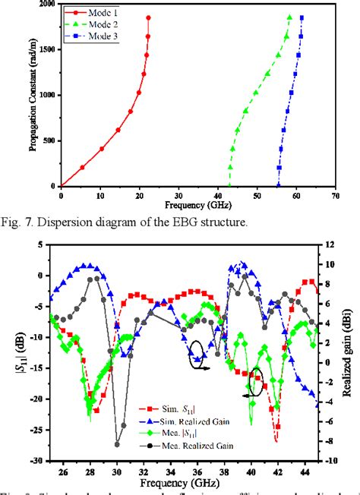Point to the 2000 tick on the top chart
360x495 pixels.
point(46,5)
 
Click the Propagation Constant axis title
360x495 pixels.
point(33,95)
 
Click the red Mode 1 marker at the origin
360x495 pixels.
point(62,186)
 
